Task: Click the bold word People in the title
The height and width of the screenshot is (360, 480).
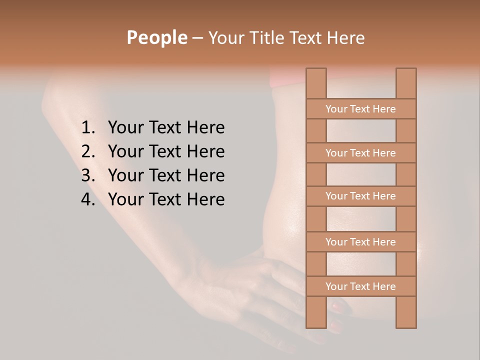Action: tap(157, 37)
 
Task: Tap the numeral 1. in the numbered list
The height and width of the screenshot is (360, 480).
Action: tap(88, 128)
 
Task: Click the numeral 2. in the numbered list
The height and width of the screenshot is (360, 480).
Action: tap(88, 151)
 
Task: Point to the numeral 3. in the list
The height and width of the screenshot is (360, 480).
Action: tap(88, 175)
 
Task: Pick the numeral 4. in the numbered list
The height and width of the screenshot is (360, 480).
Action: tap(88, 199)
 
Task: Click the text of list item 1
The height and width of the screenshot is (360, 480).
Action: tap(166, 128)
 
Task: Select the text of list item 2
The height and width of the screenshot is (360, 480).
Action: tap(166, 151)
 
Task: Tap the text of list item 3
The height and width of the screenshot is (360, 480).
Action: tap(166, 175)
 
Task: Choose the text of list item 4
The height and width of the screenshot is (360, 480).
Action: tap(166, 199)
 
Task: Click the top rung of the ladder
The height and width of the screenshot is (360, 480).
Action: tap(360, 109)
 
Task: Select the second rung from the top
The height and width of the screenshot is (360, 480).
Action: tap(360, 153)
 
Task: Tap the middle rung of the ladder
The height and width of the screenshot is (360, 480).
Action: tap(360, 196)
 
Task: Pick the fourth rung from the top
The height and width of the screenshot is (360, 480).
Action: tap(360, 242)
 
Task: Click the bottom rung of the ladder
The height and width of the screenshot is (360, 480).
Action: tap(360, 286)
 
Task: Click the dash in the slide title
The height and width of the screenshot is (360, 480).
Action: tap(197, 38)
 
